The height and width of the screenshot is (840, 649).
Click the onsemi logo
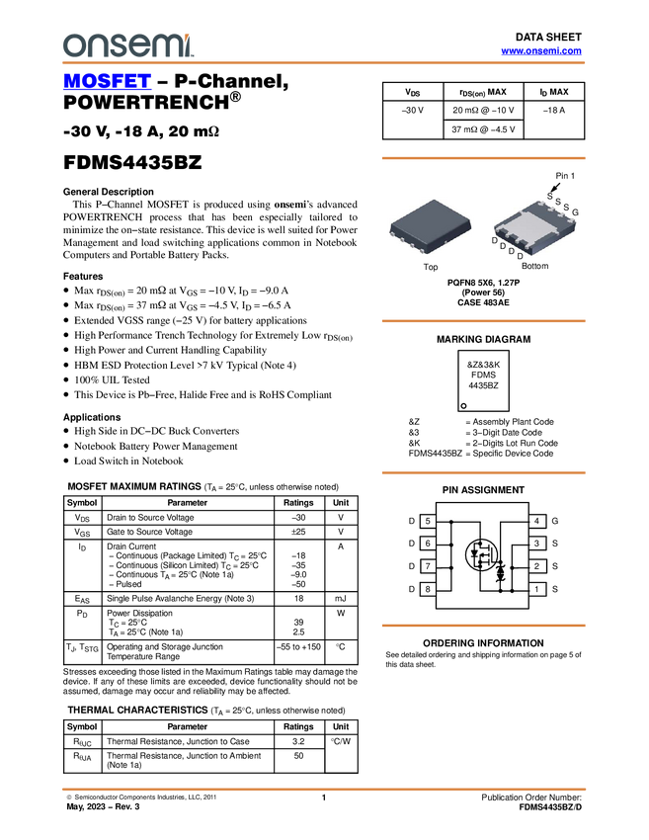(x=127, y=44)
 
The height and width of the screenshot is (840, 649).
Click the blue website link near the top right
(x=541, y=50)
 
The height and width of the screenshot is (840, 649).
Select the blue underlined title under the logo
(x=107, y=81)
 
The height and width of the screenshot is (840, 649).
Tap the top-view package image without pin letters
(x=430, y=226)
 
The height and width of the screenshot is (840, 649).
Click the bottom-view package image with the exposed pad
(x=534, y=226)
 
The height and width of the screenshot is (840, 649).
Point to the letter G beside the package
(x=576, y=212)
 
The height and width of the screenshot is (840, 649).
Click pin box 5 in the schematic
(x=428, y=521)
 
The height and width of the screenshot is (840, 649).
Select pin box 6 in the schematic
(x=428, y=544)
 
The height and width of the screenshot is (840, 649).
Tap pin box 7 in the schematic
(x=428, y=566)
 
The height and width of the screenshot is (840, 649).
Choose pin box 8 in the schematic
(x=428, y=589)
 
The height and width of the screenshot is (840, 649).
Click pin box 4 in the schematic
(x=536, y=521)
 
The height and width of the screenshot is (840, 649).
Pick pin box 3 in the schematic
(x=536, y=544)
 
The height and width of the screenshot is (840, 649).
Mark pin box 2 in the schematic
(x=536, y=566)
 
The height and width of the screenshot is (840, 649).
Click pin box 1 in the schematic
(x=536, y=589)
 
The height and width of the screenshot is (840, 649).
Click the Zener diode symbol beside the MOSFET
(x=500, y=572)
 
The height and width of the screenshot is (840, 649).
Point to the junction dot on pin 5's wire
(x=451, y=521)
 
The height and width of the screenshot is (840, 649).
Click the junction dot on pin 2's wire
(x=513, y=567)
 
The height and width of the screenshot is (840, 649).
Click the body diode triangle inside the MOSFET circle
(x=474, y=555)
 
